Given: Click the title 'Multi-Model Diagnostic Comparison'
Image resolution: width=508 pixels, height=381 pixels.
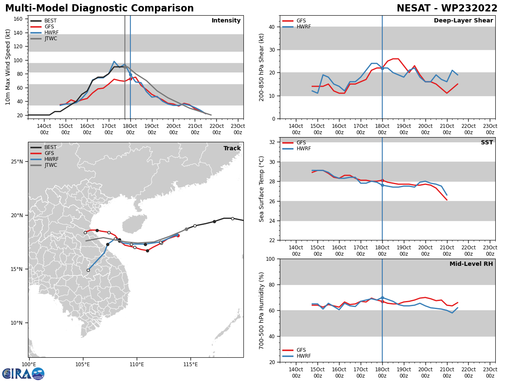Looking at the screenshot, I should pos(99,8).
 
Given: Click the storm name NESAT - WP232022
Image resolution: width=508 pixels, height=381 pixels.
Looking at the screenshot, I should pos(447,8).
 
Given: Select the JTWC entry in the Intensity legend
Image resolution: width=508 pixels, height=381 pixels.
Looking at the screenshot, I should pos(50,39).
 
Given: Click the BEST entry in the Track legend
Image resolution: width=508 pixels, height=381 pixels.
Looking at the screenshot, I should pos(50,147).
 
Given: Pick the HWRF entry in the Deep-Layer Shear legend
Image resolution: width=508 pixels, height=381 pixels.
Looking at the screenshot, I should pos(303,27).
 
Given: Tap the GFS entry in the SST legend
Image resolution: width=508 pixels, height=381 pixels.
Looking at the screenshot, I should pos(301,143).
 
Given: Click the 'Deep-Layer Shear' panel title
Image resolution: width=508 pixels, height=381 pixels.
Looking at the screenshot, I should pos(463,21).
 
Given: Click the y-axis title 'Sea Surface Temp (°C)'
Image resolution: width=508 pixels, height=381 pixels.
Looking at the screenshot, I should pos(262,189).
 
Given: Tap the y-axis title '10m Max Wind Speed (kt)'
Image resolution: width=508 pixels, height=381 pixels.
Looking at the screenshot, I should pos(8,67).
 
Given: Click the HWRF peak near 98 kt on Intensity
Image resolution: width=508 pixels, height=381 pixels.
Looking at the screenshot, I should pos(114,61).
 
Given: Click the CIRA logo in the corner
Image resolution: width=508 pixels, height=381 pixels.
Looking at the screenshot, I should pos(23,373).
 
